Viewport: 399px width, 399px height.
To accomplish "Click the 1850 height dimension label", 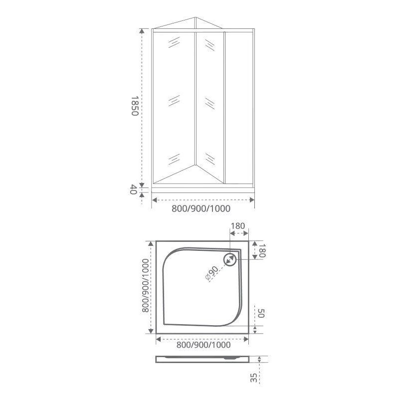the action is pos(135,106).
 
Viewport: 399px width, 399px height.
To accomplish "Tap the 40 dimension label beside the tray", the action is pos(134,190).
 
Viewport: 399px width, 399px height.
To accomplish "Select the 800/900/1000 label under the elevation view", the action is pos(201,208).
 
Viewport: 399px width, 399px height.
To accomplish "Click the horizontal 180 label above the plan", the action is pos(238,226).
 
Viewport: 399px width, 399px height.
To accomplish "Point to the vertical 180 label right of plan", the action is pos(262,251).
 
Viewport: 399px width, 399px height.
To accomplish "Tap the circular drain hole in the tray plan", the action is pos(230,259).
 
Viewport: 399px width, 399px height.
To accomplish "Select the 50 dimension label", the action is pos(261,313).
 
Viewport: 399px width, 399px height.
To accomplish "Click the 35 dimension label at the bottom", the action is pos(254,378).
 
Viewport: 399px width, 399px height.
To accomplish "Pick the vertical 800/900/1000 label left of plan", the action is pos(145,285).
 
